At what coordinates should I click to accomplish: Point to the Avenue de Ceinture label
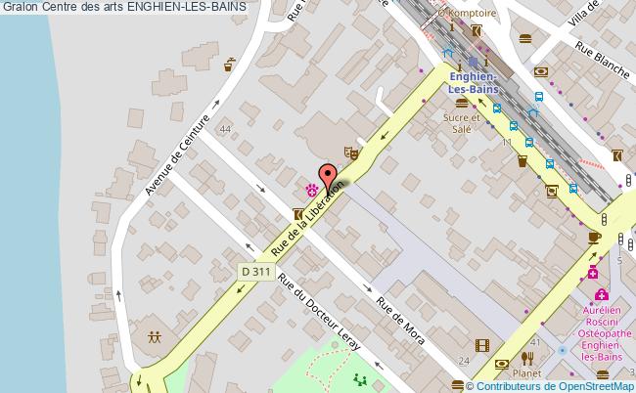(178, 155)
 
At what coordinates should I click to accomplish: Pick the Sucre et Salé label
(457, 122)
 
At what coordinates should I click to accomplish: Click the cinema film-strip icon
(481, 344)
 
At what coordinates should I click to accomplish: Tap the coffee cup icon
(595, 237)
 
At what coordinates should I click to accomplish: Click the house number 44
(226, 129)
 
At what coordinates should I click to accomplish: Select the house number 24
(464, 362)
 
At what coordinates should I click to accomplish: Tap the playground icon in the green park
(358, 380)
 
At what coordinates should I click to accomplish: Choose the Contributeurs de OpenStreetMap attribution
(549, 384)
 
